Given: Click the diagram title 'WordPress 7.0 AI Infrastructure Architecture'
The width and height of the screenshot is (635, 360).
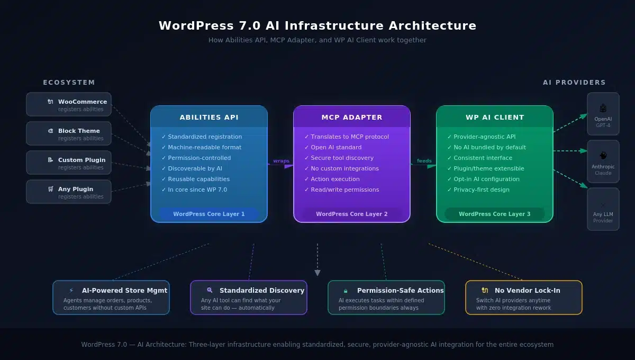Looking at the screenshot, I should click(317, 25).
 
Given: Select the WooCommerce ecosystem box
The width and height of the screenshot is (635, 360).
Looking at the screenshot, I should click(69, 105).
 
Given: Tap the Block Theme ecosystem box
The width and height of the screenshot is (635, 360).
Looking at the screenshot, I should click(69, 134).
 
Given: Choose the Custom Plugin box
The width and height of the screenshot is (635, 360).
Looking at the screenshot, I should click(69, 163).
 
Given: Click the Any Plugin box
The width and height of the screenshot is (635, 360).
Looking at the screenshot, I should click(69, 192).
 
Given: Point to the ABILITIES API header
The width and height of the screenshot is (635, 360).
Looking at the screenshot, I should click(209, 118).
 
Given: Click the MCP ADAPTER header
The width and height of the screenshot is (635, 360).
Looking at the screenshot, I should click(352, 118).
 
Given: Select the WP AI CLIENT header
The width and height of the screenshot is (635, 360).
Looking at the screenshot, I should click(495, 118).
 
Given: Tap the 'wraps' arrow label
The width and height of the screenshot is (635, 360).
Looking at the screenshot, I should click(281, 161).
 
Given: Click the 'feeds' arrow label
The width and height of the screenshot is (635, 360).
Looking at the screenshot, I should click(424, 161).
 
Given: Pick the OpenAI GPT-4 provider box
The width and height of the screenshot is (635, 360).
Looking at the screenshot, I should click(603, 114).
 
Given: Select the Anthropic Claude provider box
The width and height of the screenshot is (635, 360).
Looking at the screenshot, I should click(603, 161).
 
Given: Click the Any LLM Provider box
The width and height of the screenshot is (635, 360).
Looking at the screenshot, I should click(603, 209).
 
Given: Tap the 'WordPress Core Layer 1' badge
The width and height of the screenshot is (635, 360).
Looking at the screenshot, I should click(209, 214).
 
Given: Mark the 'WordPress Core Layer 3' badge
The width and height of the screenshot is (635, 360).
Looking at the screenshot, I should click(495, 214).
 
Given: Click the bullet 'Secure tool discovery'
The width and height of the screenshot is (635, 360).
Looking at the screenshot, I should click(342, 158).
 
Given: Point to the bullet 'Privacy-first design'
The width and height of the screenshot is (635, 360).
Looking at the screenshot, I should click(482, 190).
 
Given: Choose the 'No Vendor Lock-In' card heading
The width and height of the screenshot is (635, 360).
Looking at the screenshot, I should click(527, 290).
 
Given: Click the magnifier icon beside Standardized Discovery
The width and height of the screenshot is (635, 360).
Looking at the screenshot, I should click(210, 290).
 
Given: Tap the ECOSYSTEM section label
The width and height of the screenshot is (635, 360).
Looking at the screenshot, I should click(69, 83).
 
